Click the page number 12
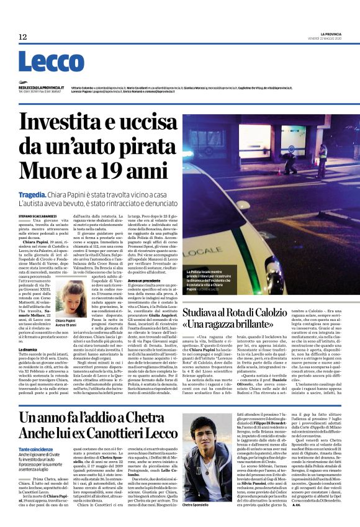pos(22,38)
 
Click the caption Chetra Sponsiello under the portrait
pos(190,522)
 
